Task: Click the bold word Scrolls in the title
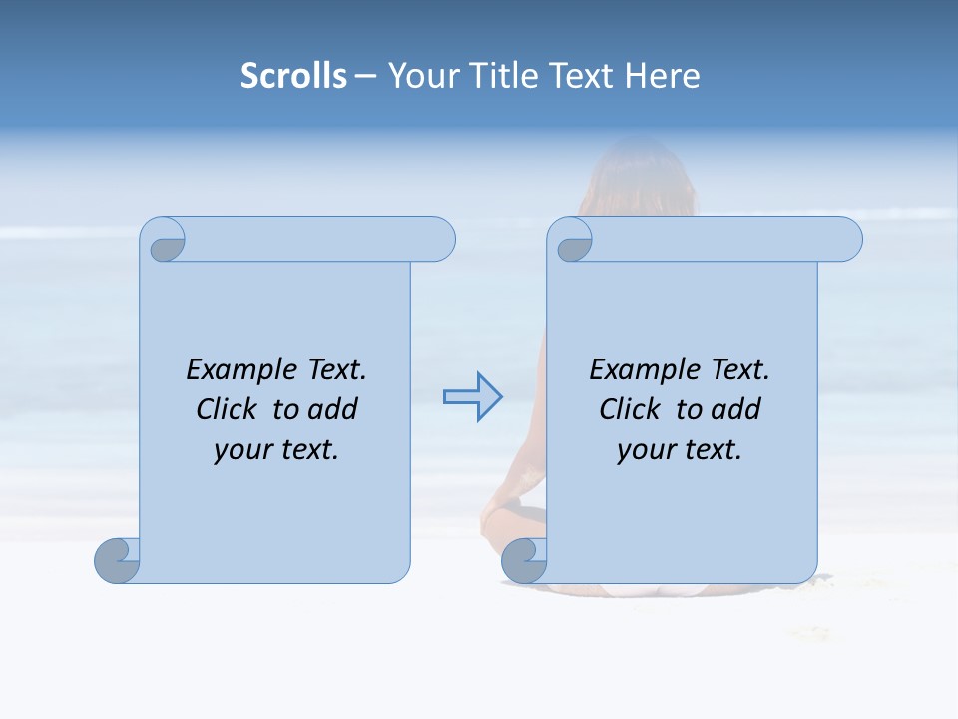[x=293, y=76]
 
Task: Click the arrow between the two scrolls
[x=472, y=397]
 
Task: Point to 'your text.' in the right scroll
[x=680, y=450]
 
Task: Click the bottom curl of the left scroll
[x=117, y=560]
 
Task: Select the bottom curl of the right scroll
[x=523, y=560]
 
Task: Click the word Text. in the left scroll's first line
[x=332, y=370]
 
